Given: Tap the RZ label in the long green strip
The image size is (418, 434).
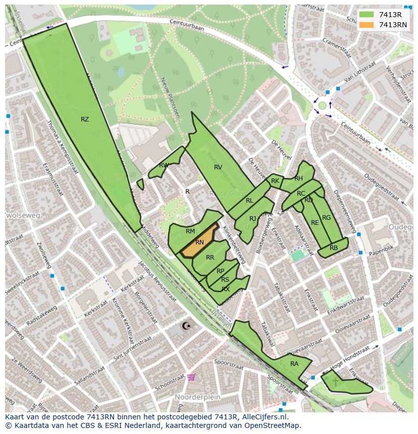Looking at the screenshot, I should click(x=85, y=119).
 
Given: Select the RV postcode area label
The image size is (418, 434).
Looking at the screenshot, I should click(x=218, y=167).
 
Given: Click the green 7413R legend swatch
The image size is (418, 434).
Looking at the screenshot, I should click(x=367, y=15).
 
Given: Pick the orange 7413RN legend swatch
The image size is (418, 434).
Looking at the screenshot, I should click(x=367, y=25).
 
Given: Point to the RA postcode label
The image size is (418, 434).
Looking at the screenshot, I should click(x=294, y=363).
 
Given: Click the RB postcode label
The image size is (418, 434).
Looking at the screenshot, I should click(x=334, y=247).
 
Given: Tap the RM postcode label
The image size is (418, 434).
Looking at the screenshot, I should click(x=190, y=231).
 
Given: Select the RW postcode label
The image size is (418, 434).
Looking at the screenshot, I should click(x=164, y=165).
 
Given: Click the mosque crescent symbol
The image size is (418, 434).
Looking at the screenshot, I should click(x=186, y=326).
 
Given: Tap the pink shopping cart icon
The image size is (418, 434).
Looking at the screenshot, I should click(x=191, y=377).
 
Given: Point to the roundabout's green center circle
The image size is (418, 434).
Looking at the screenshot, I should click(x=322, y=105).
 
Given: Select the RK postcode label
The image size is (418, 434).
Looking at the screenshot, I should click(x=275, y=180).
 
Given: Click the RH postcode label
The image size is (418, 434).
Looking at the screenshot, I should click(x=298, y=178).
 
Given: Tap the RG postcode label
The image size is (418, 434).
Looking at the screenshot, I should click(x=327, y=218).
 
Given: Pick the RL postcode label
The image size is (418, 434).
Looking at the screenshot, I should click(x=249, y=200).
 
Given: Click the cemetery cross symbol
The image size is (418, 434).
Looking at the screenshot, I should click(x=336, y=382).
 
